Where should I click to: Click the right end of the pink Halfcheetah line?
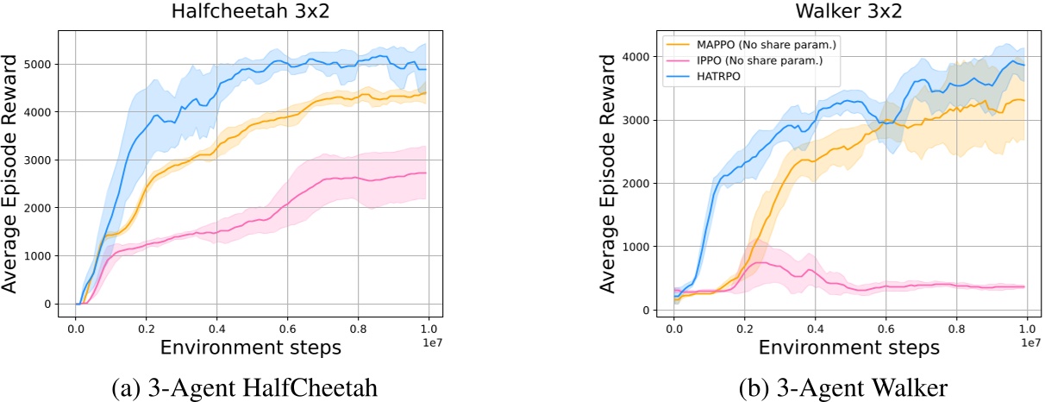click(x=426, y=173)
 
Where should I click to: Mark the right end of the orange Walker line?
click(x=1024, y=101)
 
